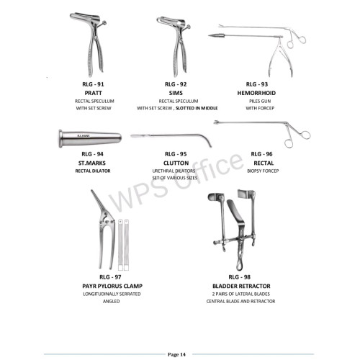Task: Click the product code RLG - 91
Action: [x=93, y=84]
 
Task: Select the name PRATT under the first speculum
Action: [x=93, y=93]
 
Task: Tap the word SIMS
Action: [x=176, y=93]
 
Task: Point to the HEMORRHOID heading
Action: [x=256, y=93]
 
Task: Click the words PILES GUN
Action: [x=260, y=101]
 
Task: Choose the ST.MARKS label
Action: [x=92, y=163]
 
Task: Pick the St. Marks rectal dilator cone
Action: [x=90, y=138]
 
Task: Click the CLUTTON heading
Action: [x=176, y=163]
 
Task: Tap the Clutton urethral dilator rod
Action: [x=171, y=137]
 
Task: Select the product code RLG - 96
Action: [x=261, y=154]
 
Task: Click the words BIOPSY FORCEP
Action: [x=263, y=171]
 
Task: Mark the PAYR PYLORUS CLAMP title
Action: [x=112, y=286]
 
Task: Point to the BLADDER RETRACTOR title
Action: [x=241, y=286]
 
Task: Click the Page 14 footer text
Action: [x=176, y=354]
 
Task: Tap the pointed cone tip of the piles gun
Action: [x=210, y=36]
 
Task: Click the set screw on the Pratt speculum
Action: [x=104, y=23]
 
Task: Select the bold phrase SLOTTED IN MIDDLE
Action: [x=197, y=108]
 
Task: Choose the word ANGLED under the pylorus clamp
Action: [x=111, y=301]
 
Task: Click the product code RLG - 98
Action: [x=240, y=277]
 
